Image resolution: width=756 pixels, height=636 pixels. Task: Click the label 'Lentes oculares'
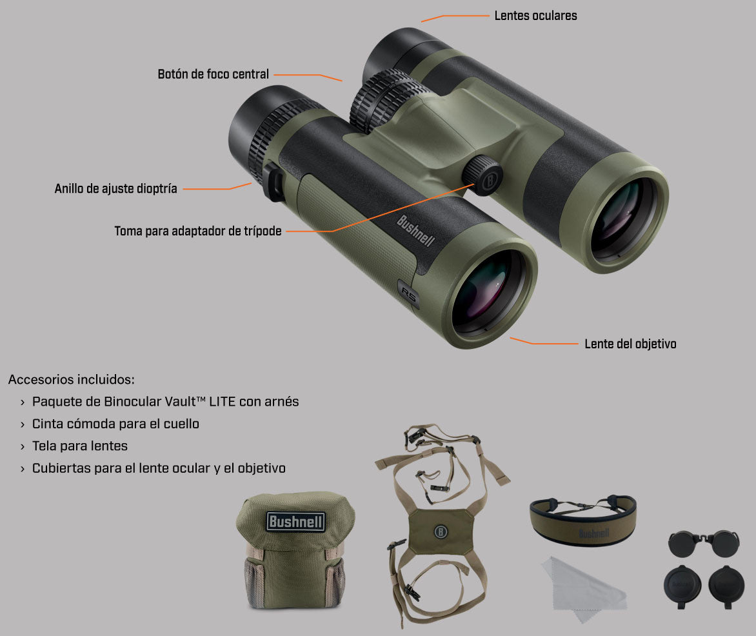tap(535, 15)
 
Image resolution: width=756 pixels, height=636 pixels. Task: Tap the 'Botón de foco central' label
tap(213, 75)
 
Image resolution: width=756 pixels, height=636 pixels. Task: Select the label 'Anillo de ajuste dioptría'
tap(115, 189)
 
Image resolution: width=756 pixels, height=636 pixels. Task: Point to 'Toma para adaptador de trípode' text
tap(198, 231)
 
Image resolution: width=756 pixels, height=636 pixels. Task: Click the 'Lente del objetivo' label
tap(630, 344)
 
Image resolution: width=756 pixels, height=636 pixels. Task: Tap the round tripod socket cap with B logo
tap(483, 174)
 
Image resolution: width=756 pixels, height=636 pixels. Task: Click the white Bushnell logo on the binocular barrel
tap(415, 231)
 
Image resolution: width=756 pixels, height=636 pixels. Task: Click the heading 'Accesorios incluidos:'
tap(71, 379)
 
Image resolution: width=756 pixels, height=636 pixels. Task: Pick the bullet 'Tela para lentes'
tap(80, 446)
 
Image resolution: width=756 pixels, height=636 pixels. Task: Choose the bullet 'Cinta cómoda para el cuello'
tap(115, 424)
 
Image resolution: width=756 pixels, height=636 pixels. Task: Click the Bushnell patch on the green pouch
tap(296, 521)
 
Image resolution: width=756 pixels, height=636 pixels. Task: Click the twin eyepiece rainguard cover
tap(704, 543)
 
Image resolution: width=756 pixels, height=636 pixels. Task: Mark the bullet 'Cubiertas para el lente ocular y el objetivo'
tap(159, 468)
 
